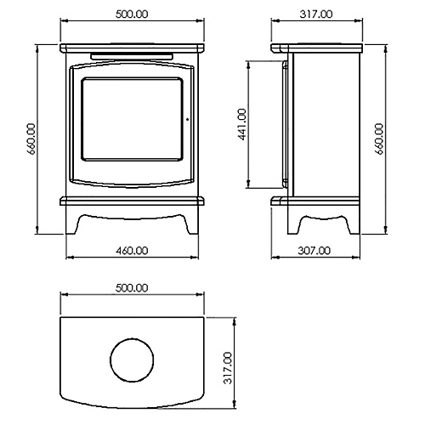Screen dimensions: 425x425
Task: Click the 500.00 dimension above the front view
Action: (132, 14)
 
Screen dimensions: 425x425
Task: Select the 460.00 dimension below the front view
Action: (132, 251)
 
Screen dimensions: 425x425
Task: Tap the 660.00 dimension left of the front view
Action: (31, 139)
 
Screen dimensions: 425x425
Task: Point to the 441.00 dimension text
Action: (242, 124)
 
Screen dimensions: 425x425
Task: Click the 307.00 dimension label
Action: (314, 251)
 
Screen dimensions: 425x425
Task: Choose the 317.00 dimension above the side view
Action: (316, 14)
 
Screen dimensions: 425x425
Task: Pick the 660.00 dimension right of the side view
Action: (379, 139)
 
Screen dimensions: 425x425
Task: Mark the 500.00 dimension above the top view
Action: (132, 288)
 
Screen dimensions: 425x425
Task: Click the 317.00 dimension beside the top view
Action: (228, 368)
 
